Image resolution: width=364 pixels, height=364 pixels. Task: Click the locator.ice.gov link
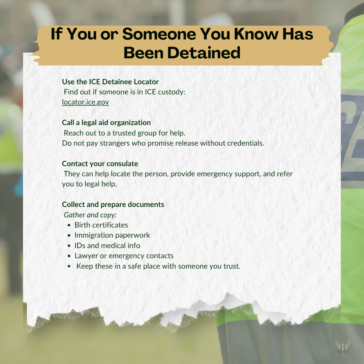[85, 102]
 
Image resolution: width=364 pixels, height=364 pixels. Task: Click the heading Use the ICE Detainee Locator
[110, 82]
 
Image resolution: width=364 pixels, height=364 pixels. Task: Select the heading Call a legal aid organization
[106, 123]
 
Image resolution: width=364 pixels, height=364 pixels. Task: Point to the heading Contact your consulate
[100, 164]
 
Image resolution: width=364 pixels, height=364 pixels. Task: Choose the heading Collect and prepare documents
[113, 205]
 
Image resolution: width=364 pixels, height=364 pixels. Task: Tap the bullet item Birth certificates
[101, 225]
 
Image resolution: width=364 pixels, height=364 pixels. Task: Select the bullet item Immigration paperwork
[112, 235]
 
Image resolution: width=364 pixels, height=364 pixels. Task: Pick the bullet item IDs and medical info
[107, 245]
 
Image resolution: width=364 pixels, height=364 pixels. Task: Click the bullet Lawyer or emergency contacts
[124, 255]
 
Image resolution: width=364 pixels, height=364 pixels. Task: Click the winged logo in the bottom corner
[342, 346]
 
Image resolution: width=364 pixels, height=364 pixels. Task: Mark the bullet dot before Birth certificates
[69, 225]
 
